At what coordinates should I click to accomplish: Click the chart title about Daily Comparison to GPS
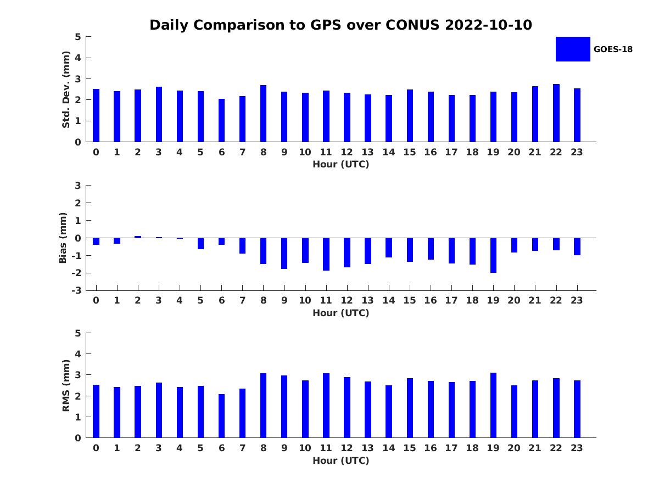pyautogui.click(x=340, y=25)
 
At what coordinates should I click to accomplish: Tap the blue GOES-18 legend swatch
pyautogui.click(x=573, y=49)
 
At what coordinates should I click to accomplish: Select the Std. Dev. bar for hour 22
pyautogui.click(x=556, y=113)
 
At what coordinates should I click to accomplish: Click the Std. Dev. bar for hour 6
pyautogui.click(x=221, y=120)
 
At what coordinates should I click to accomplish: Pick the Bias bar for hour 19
pyautogui.click(x=493, y=255)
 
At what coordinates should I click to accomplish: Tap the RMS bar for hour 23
pyautogui.click(x=577, y=409)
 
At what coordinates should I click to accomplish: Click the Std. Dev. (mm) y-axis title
pyautogui.click(x=66, y=89)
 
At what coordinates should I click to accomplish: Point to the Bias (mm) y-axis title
pyautogui.click(x=63, y=238)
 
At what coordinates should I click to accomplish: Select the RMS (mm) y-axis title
pyautogui.click(x=66, y=385)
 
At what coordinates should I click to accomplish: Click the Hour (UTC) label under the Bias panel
pyautogui.click(x=340, y=313)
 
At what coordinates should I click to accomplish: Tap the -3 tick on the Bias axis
pyautogui.click(x=77, y=290)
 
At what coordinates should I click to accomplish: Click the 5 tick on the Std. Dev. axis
pyautogui.click(x=79, y=37)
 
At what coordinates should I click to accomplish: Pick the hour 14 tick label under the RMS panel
pyautogui.click(x=389, y=448)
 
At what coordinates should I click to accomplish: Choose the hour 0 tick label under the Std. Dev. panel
pyautogui.click(x=96, y=152)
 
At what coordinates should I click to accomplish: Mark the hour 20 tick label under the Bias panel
pyautogui.click(x=514, y=300)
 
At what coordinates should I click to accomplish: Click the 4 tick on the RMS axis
pyautogui.click(x=79, y=354)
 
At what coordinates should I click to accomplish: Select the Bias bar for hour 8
pyautogui.click(x=264, y=251)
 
